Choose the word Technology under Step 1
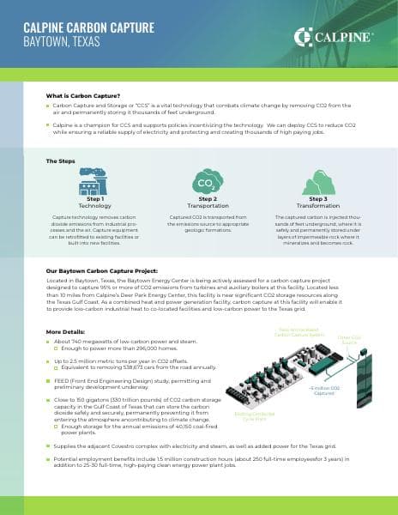click(94, 207)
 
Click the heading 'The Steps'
click(61, 161)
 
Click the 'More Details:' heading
click(65, 331)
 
